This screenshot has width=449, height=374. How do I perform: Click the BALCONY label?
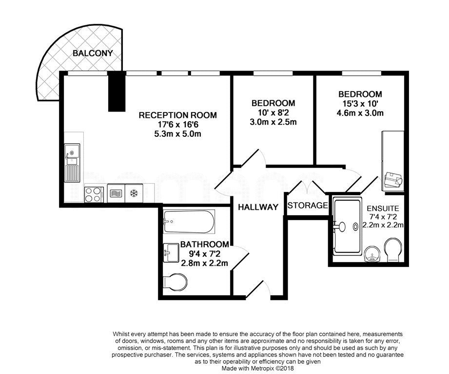pos(93,53)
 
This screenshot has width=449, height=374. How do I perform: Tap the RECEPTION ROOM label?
pos(177,115)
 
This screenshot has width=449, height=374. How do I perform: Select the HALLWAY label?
pos(258,207)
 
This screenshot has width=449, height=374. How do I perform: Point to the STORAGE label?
pos(308,206)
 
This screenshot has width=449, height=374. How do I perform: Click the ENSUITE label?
pos(383,208)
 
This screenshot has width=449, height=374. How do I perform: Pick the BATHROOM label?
pos(204,244)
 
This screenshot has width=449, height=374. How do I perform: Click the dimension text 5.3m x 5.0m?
pos(177,134)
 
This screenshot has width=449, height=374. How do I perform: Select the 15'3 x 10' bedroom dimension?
pos(360,104)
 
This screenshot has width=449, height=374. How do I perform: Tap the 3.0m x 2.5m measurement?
pos(273,122)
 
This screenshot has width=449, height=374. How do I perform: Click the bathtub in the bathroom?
pos(189,222)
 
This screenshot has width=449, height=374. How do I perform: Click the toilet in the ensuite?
pos(394,250)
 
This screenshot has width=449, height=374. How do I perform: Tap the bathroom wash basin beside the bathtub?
pos(171,252)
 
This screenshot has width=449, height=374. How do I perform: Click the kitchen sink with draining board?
pos(72,163)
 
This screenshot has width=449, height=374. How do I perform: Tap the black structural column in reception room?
pos(117,91)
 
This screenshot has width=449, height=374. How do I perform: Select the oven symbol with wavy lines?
pos(116,193)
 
